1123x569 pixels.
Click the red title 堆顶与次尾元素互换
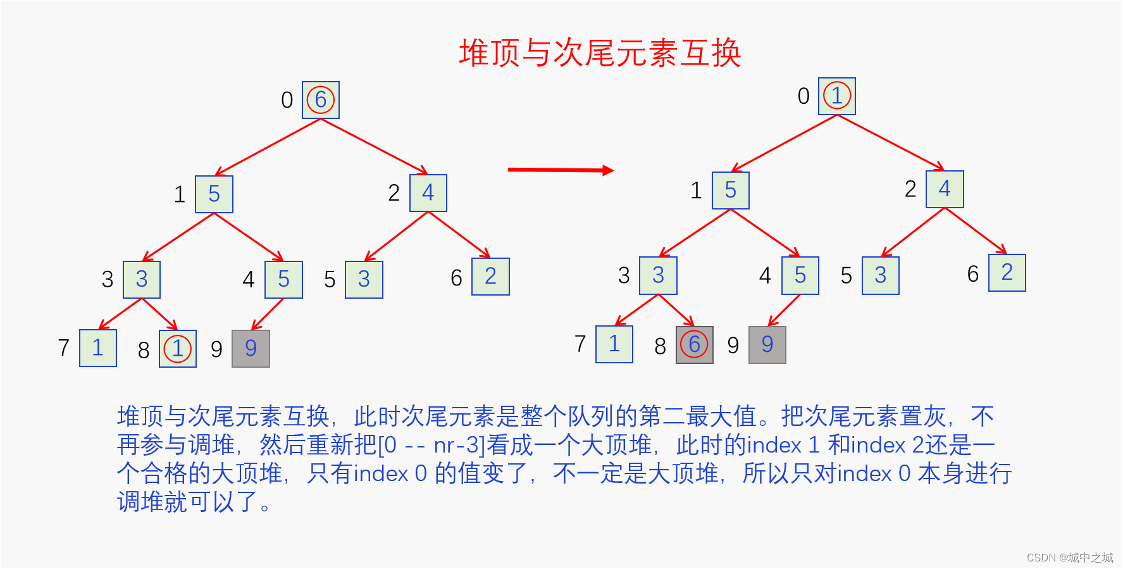[600, 53]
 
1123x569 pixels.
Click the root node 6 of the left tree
[321, 100]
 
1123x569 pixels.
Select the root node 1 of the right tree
[837, 96]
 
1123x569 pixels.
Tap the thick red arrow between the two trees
[561, 170]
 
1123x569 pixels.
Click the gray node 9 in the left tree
[251, 348]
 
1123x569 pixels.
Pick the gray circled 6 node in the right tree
[695, 345]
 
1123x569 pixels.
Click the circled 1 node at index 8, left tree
[178, 349]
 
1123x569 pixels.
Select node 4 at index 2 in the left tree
[428, 193]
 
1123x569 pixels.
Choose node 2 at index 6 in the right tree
[1007, 273]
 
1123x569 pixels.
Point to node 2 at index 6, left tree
[490, 277]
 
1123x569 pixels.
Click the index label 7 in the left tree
[64, 347]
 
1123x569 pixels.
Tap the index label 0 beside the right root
[803, 96]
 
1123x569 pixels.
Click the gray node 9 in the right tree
[767, 345]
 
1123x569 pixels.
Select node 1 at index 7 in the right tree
[614, 344]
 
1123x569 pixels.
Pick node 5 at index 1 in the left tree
[214, 194]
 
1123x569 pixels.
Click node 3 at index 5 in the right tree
[881, 275]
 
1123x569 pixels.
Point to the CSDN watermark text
[1069, 558]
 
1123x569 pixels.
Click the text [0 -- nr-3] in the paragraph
[431, 446]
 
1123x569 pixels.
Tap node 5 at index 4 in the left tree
[284, 280]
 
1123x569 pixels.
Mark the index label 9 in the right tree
[733, 346]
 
